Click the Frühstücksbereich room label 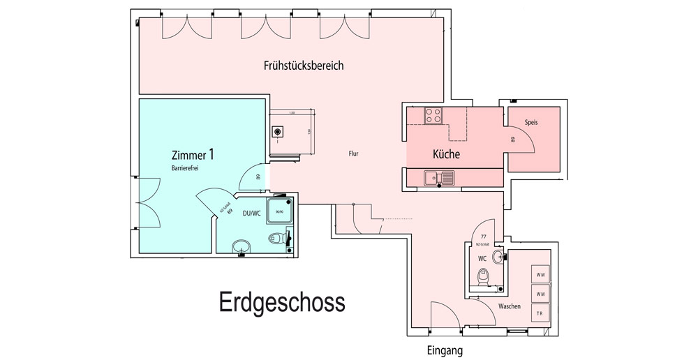[x=304, y=66]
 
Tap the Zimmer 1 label [x=193, y=154]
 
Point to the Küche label [x=446, y=154]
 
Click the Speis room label [x=532, y=122]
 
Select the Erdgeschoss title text [x=282, y=303]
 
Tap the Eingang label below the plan [x=445, y=351]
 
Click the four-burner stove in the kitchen [x=433, y=115]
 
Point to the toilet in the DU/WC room [x=279, y=239]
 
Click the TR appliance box [x=540, y=314]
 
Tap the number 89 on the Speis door [x=513, y=140]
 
